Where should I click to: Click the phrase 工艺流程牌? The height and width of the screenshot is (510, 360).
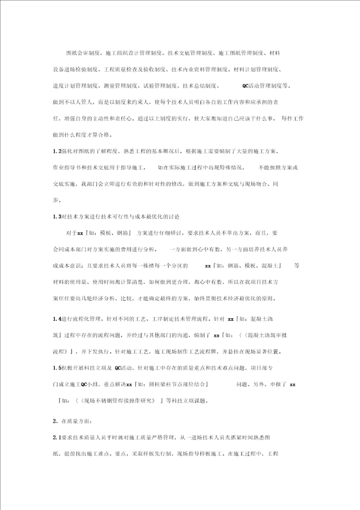coord(238,352)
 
